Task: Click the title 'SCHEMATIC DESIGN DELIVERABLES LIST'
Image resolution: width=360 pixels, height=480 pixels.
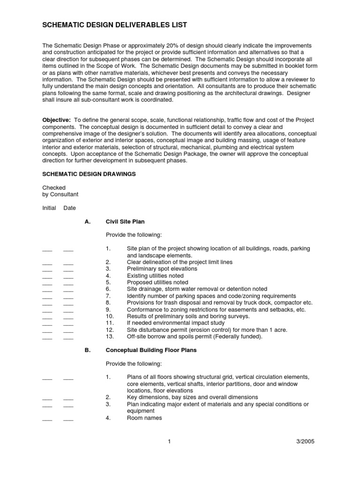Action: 115,25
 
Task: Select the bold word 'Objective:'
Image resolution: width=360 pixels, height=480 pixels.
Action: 57,120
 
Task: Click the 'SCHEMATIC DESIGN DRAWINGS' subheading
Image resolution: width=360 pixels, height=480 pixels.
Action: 89,174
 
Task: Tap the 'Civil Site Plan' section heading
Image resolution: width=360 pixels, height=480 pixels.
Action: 128,222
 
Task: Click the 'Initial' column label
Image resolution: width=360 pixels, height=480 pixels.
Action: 49,208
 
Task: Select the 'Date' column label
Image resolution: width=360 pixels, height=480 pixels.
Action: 69,208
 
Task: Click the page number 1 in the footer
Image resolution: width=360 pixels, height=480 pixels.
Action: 167,441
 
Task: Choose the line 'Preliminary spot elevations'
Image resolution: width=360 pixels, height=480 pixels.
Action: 162,269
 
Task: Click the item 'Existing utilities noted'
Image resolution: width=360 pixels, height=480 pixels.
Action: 155,276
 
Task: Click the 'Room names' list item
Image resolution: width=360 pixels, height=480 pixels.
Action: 144,418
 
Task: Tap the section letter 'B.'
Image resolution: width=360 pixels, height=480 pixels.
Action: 87,350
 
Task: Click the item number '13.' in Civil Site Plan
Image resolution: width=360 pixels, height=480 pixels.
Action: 110,337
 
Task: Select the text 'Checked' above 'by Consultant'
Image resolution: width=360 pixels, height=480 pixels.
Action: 54,187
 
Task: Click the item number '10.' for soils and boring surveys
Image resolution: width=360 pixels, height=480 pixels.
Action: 110,316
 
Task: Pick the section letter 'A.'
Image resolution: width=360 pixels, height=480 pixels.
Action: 87,222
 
